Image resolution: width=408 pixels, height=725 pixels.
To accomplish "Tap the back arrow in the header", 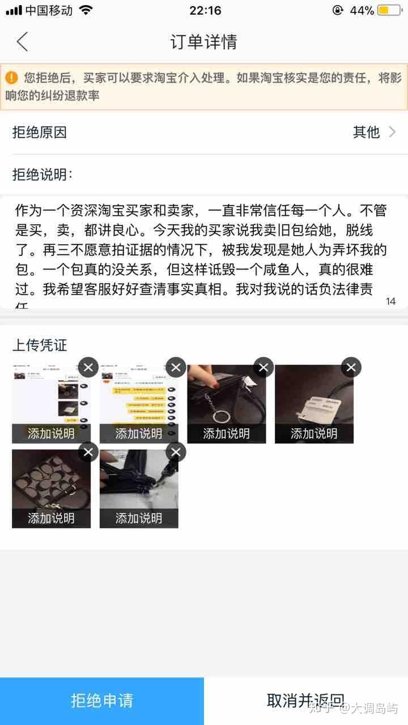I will (x=22, y=42).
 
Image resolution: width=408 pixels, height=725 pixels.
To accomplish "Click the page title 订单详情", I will (x=203, y=42).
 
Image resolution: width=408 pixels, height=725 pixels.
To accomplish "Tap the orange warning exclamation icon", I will (x=12, y=78).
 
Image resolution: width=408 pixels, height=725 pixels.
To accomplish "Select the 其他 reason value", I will (x=366, y=132).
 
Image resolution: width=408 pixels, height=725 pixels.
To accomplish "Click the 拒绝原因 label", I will (x=40, y=132).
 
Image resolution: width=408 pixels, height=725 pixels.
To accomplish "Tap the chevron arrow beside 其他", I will (x=392, y=132).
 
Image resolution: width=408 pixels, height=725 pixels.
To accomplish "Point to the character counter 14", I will (x=390, y=301).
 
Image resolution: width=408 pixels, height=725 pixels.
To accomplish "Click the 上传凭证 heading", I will (x=40, y=346).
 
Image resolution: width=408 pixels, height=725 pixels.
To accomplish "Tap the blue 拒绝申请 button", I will (x=102, y=701).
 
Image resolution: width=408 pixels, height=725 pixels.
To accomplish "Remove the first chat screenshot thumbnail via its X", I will (x=88, y=368).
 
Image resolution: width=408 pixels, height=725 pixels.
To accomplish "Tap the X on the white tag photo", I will (x=351, y=368).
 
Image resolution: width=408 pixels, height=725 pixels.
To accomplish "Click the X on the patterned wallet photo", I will (x=88, y=452).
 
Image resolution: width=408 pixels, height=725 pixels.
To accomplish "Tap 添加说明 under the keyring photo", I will (x=226, y=434).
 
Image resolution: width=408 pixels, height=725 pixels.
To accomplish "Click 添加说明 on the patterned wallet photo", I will (x=51, y=518).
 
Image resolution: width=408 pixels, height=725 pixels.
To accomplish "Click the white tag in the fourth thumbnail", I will (x=317, y=407).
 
